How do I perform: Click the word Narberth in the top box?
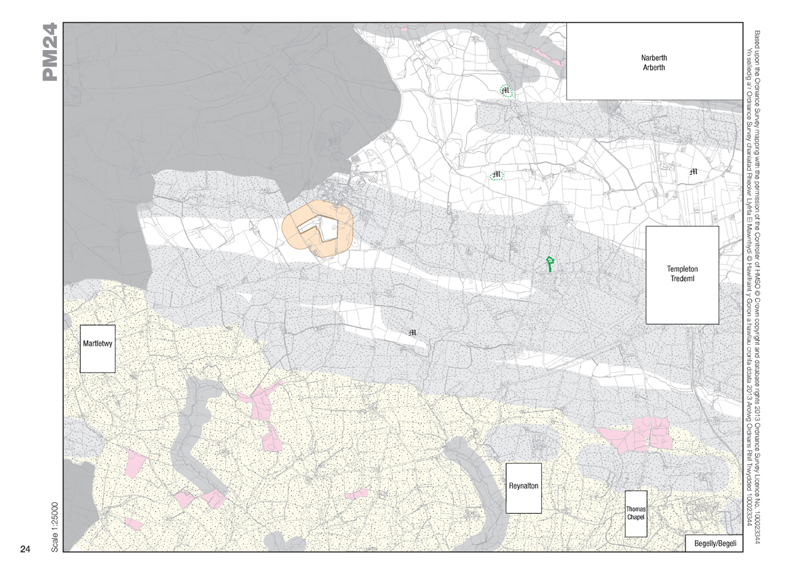pyautogui.click(x=653, y=58)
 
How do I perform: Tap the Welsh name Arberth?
pyautogui.click(x=653, y=68)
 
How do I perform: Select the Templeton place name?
pyautogui.click(x=682, y=269)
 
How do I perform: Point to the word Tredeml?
pyautogui.click(x=682, y=279)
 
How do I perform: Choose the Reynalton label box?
pyautogui.click(x=524, y=487)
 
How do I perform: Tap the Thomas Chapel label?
pyautogui.click(x=635, y=513)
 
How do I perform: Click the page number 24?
pyautogui.click(x=25, y=549)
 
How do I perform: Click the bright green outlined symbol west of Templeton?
pyautogui.click(x=551, y=264)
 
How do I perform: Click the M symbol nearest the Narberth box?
pyautogui.click(x=505, y=90)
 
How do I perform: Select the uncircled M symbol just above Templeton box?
pyautogui.click(x=692, y=172)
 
